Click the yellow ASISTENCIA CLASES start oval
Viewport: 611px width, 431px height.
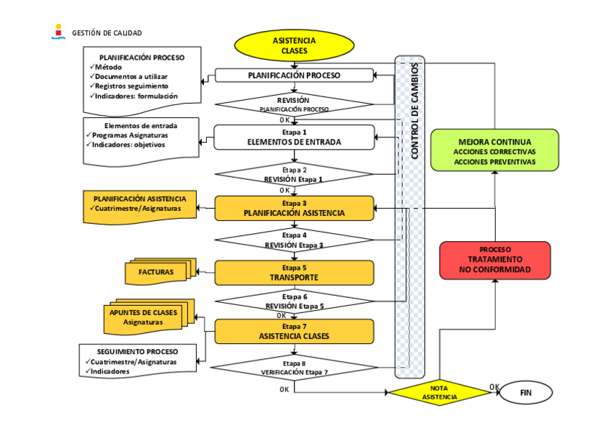point(294,46)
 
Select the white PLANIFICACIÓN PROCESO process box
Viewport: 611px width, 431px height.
point(294,75)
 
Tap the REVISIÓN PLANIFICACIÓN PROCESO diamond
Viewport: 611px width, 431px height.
point(294,104)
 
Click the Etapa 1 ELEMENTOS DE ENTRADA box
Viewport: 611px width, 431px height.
point(294,137)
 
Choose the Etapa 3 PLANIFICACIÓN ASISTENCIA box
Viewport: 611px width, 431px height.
point(294,208)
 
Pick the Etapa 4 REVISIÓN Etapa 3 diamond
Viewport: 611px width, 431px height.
point(294,240)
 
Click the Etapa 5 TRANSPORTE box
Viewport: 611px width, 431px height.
point(294,273)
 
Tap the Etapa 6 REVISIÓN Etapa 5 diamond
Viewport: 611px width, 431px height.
point(294,301)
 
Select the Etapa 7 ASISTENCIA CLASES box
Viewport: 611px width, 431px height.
point(294,332)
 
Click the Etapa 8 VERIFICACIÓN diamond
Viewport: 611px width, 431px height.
point(294,368)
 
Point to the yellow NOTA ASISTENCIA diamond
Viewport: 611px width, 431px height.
point(439,393)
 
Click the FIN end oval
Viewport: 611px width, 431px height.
point(526,393)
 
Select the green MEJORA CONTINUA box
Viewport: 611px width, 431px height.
point(494,150)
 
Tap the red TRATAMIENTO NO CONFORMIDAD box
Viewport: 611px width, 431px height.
point(494,260)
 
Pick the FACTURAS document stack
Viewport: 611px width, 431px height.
point(156,273)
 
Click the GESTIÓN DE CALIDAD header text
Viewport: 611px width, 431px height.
point(107,33)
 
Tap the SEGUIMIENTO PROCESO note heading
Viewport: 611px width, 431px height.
point(137,352)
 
